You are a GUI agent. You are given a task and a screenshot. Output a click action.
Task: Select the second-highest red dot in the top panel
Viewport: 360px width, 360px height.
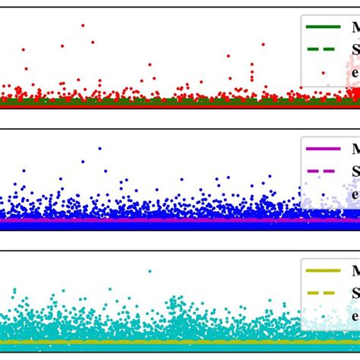pyautogui.click(x=93, y=43)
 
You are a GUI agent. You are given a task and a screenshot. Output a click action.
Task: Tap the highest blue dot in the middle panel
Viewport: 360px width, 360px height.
pyautogui.click(x=99, y=148)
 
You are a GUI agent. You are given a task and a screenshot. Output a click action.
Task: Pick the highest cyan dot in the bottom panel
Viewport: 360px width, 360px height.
pyautogui.click(x=150, y=271)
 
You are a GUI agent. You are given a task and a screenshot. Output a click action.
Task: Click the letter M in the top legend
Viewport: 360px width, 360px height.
pyautogui.click(x=355, y=27)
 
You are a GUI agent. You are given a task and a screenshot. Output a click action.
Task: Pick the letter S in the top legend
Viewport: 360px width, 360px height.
pyautogui.click(x=355, y=50)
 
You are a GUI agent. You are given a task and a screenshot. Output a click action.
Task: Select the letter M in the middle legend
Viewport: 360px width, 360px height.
pyautogui.click(x=355, y=149)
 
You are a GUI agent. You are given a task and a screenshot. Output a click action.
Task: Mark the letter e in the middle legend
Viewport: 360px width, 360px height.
pyautogui.click(x=355, y=194)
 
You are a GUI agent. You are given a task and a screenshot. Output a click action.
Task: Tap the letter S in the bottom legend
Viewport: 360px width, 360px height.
pyautogui.click(x=355, y=293)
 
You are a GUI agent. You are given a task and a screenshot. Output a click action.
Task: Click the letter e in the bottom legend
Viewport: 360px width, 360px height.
pyautogui.click(x=355, y=316)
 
